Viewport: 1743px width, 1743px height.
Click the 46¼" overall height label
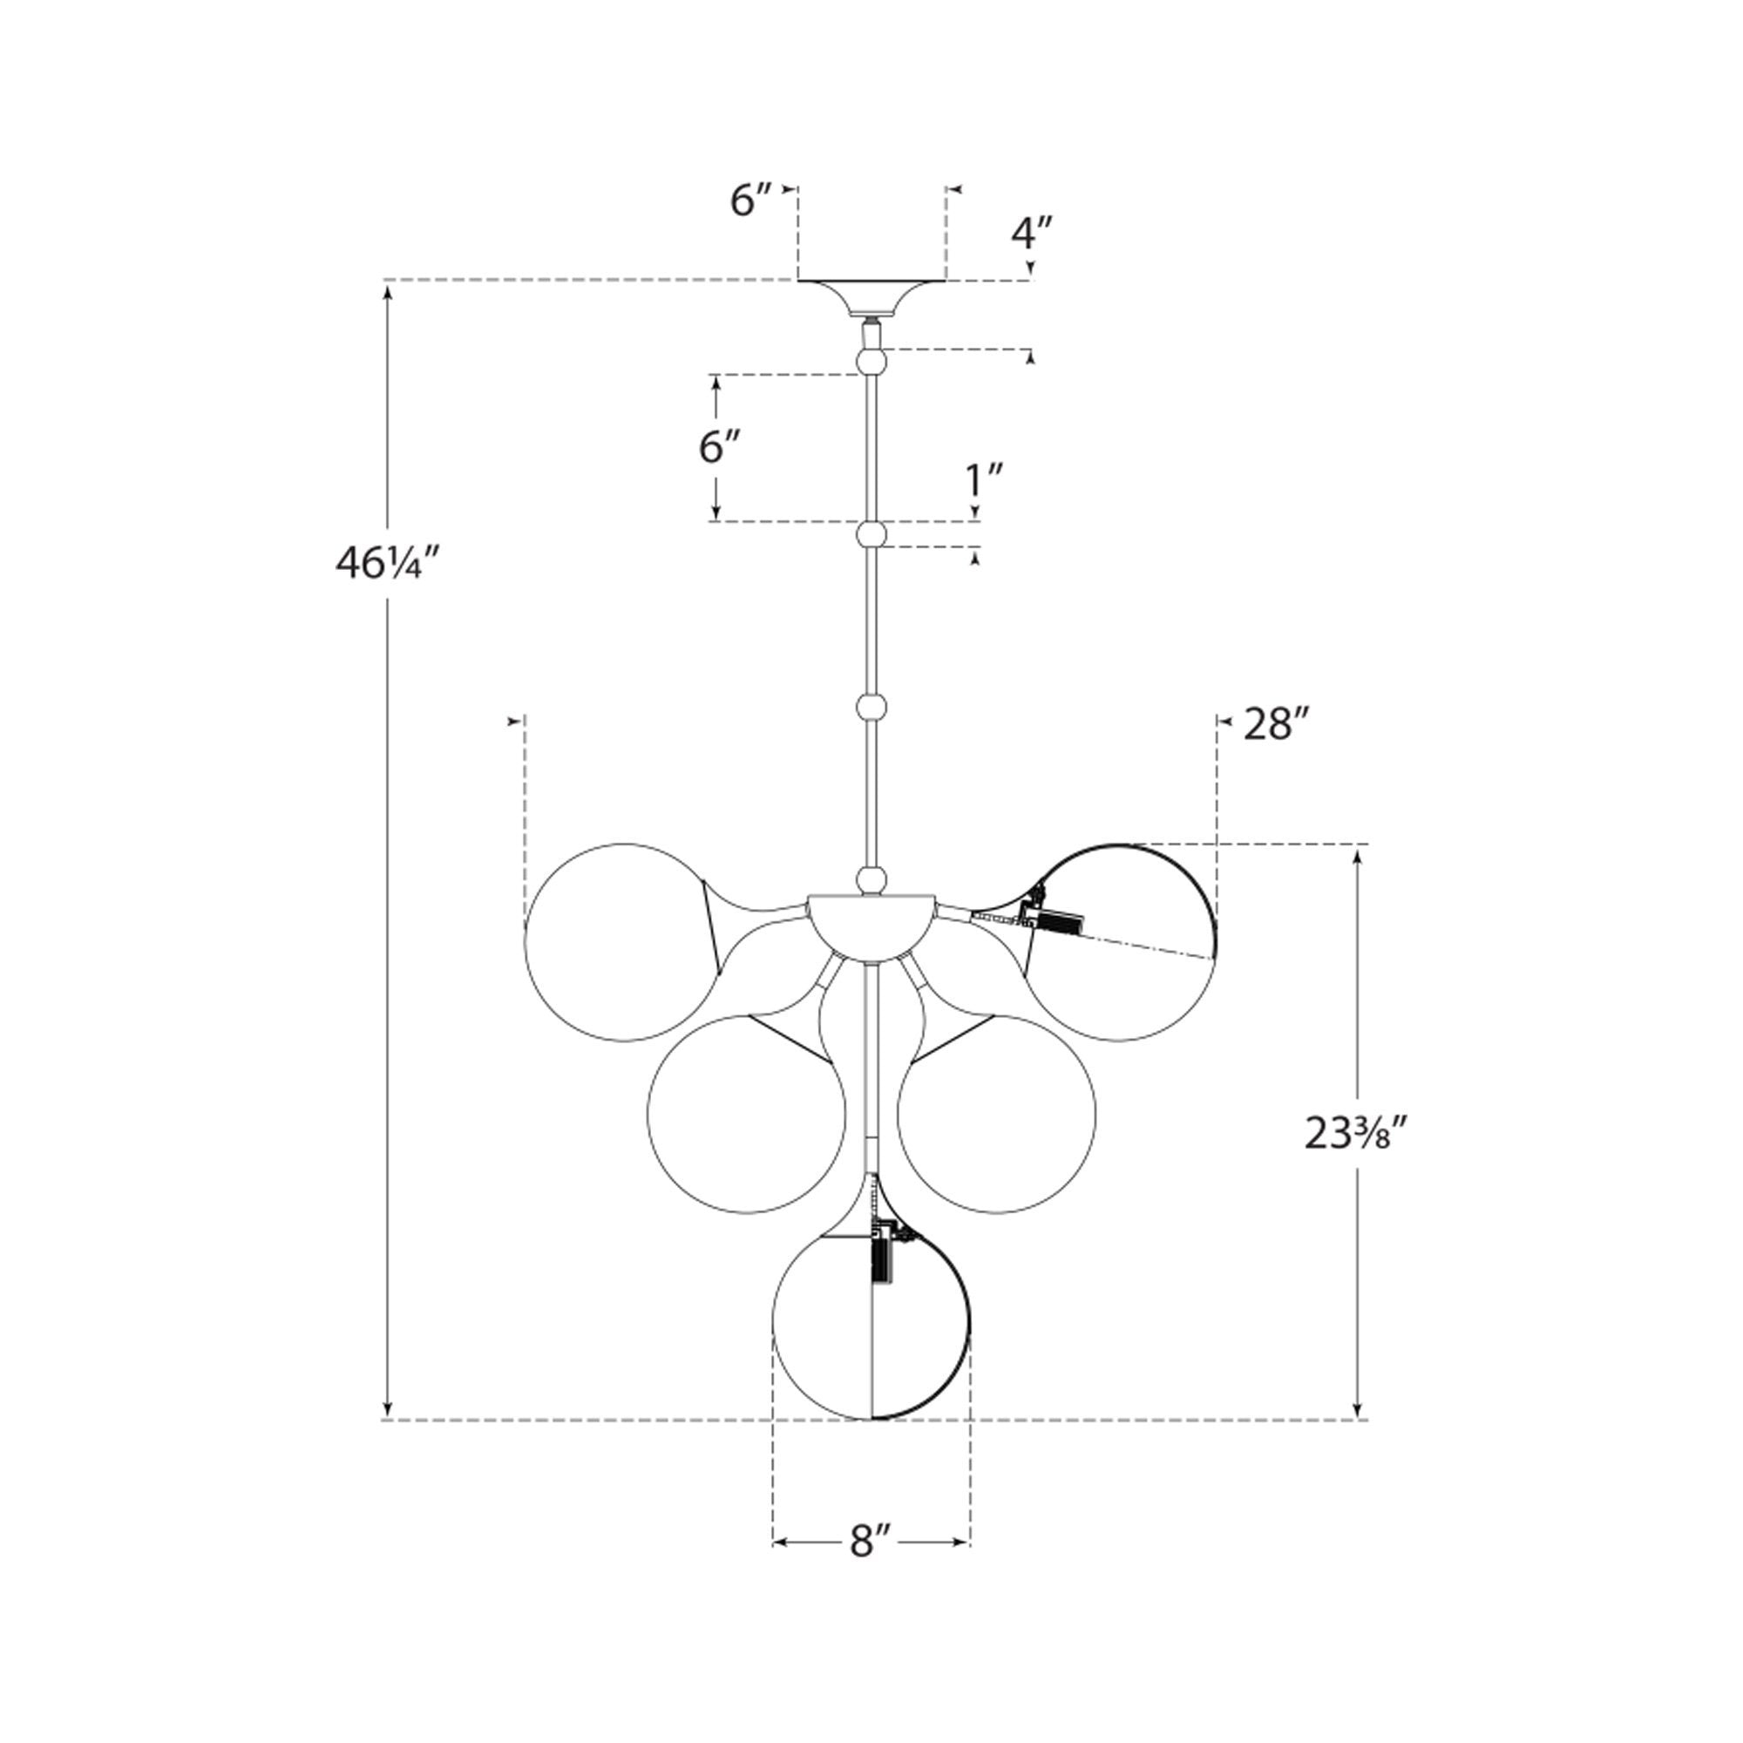(387, 565)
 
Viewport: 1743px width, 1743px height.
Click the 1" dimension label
(984, 482)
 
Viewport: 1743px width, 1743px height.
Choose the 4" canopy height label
(1031, 234)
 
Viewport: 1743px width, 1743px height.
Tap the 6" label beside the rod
(720, 447)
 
